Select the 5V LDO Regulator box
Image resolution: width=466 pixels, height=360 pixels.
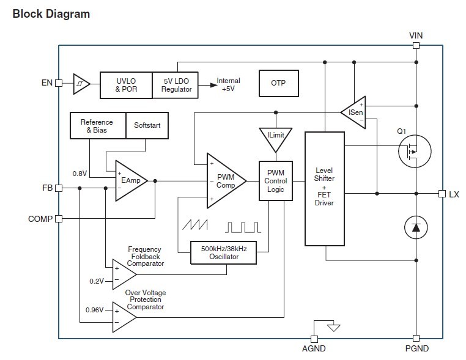pos(177,85)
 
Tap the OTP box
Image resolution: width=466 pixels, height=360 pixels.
pos(278,83)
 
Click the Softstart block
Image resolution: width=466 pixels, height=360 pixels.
pos(147,125)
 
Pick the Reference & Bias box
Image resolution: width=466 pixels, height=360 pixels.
pos(98,125)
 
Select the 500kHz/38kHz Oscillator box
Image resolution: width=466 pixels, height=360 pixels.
pos(223,252)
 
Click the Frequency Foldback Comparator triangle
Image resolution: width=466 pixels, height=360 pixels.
pos(123,273)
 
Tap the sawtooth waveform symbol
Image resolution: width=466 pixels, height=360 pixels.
pos(194,227)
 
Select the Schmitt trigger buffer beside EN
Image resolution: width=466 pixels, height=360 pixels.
pos(81,84)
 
